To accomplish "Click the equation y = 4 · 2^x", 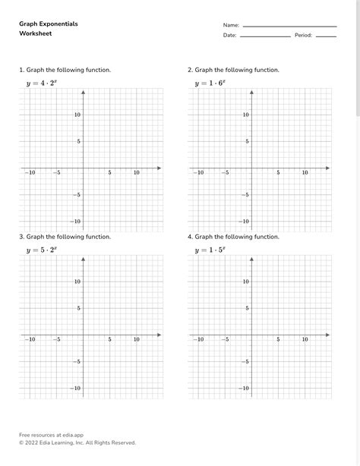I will pyautogui.click(x=42, y=83).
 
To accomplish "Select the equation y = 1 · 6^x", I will pyautogui.click(x=210, y=83).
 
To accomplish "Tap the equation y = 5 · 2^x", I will pyautogui.click(x=42, y=250).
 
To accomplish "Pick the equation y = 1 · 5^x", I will pyautogui.click(x=210, y=250).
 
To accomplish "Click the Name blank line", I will pyautogui.click(x=289, y=25).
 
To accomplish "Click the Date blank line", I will pyautogui.click(x=265, y=36).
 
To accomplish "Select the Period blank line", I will pyautogui.click(x=326, y=36).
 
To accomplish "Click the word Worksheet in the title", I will pyautogui.click(x=36, y=34).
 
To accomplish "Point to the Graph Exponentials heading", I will pyautogui.click(x=49, y=24).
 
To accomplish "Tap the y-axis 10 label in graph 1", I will pyautogui.click(x=77, y=115).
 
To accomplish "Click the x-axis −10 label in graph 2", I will pyautogui.click(x=198, y=173).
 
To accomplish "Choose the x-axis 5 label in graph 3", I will pyautogui.click(x=109, y=340).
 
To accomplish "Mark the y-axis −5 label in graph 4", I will pyautogui.click(x=245, y=361).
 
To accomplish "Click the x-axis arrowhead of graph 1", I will pyautogui.click(x=159, y=167).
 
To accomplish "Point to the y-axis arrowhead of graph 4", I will pyautogui.click(x=251, y=260).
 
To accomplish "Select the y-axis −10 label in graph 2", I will pyautogui.click(x=244, y=222).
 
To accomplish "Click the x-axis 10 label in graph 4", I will pyautogui.click(x=305, y=340).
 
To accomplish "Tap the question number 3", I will pyautogui.click(x=21, y=237).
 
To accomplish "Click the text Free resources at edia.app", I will pyautogui.click(x=51, y=435).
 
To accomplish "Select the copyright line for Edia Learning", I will pyautogui.click(x=77, y=442).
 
